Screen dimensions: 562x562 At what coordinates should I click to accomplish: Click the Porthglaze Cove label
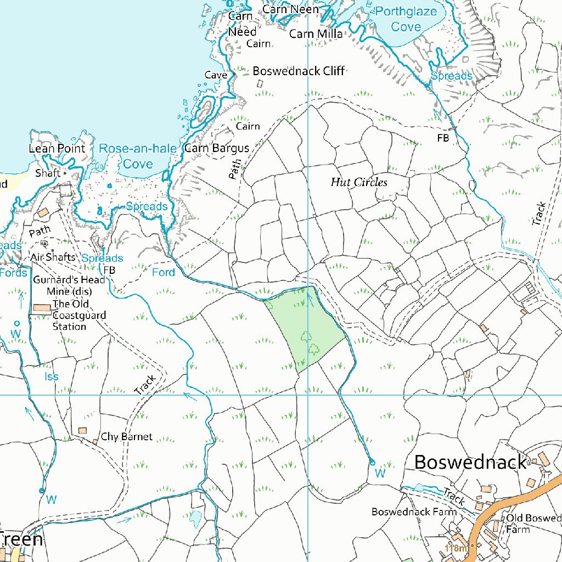click(406, 19)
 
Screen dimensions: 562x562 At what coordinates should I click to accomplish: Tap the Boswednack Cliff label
click(299, 71)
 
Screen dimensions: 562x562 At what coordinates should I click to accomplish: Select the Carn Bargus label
click(216, 148)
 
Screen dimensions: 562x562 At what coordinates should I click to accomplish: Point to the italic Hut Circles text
click(359, 183)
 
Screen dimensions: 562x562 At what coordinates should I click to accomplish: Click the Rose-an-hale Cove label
click(130, 156)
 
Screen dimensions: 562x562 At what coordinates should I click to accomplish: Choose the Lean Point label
click(57, 149)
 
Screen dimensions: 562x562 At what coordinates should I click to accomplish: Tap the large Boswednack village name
click(470, 462)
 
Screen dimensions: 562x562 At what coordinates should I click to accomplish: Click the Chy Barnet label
click(126, 437)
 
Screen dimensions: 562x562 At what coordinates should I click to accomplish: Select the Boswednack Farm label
click(414, 512)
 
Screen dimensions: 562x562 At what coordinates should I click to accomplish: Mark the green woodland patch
click(305, 329)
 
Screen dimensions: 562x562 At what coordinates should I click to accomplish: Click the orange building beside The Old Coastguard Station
click(41, 309)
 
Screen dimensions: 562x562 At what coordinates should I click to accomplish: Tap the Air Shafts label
click(53, 257)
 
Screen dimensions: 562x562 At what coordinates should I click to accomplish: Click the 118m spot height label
click(456, 548)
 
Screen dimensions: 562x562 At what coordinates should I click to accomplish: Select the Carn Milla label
click(316, 34)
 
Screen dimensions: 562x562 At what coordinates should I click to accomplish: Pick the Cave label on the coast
click(216, 75)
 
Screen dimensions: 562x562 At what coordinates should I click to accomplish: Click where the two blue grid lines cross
click(308, 395)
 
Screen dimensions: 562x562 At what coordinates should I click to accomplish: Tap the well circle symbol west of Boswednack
click(372, 462)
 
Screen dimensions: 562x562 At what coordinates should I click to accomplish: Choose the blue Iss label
click(51, 376)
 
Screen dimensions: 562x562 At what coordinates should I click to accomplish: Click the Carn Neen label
click(290, 9)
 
